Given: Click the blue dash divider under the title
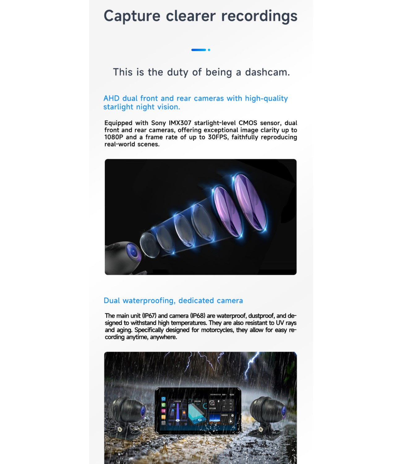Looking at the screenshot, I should (199, 50).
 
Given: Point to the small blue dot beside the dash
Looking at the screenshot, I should (209, 50).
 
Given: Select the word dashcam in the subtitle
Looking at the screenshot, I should (267, 72).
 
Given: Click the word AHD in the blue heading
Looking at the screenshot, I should (111, 98).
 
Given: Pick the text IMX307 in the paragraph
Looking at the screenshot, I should (180, 123).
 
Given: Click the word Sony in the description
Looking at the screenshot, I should (158, 123).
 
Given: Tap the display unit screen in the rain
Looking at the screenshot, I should (198, 410).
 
